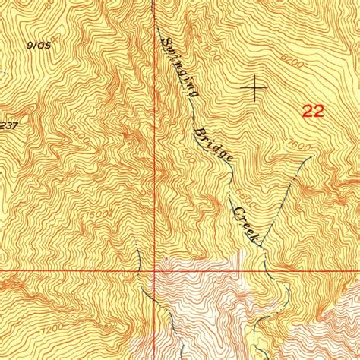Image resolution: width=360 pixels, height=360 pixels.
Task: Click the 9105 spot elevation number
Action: (39, 46)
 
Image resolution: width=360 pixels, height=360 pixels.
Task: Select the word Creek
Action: (247, 225)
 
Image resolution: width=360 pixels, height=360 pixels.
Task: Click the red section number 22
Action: (312, 112)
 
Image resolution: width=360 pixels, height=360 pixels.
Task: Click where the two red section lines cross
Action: (155, 270)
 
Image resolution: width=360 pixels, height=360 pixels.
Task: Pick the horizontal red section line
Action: (76, 270)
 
